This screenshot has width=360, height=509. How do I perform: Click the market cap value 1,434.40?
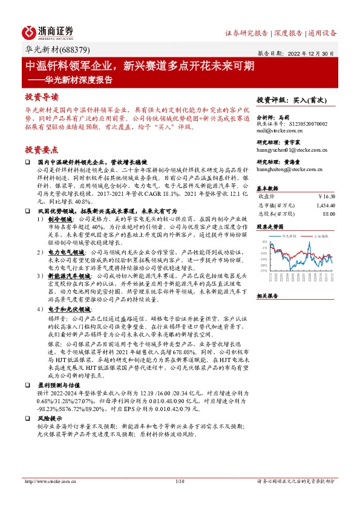324,204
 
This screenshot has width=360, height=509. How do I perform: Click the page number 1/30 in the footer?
179,481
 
